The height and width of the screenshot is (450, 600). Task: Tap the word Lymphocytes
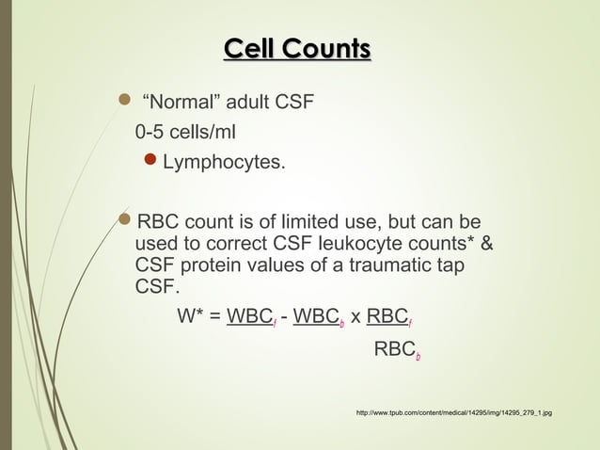click(x=224, y=163)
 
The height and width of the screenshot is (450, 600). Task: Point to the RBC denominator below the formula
click(x=396, y=350)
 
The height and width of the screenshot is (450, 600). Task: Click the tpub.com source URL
click(x=453, y=413)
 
